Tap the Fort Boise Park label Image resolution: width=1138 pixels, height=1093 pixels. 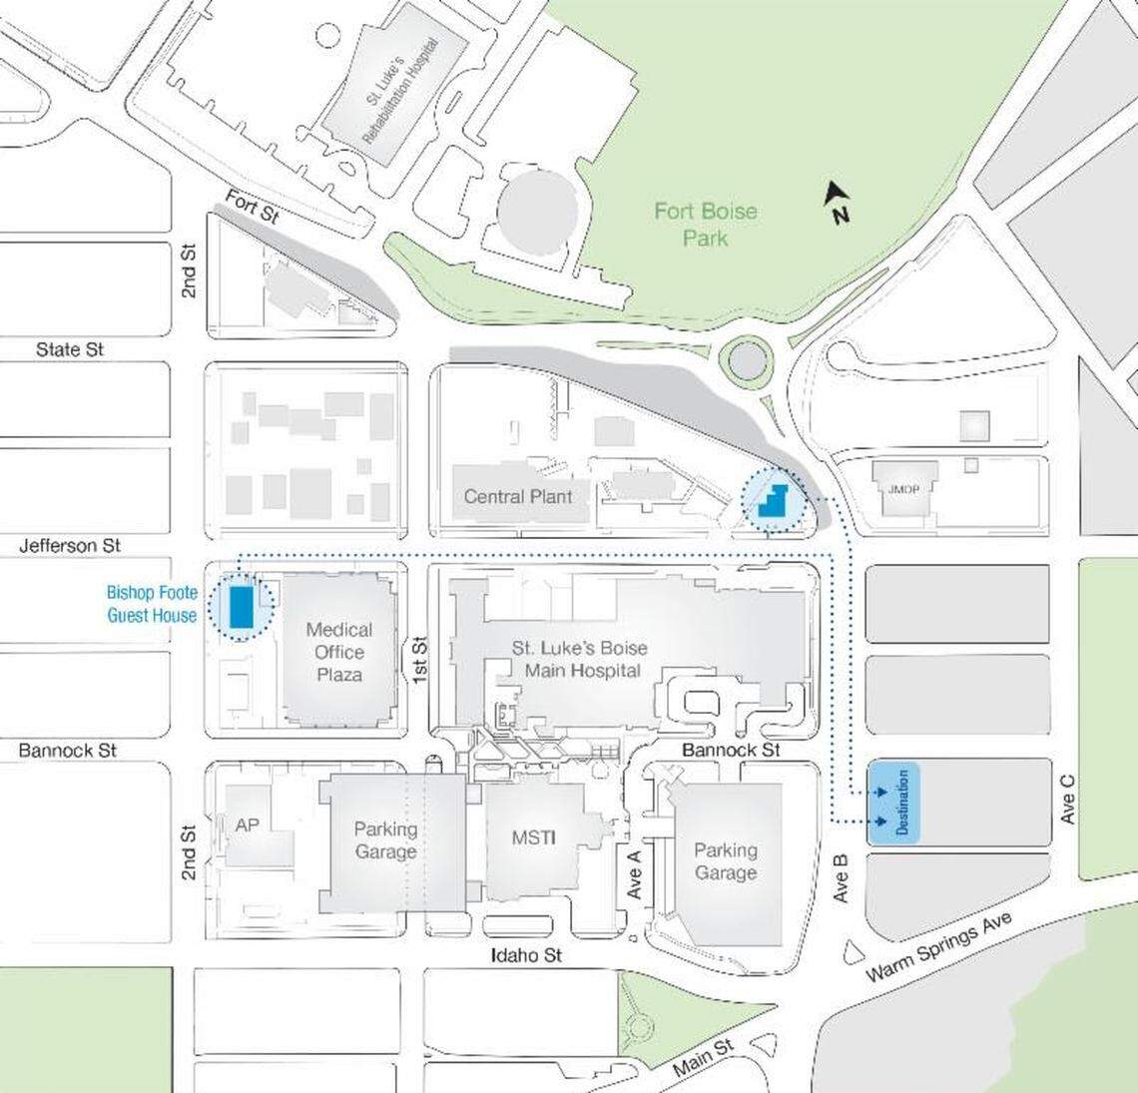click(x=705, y=225)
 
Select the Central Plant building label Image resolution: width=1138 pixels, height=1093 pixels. click(x=518, y=496)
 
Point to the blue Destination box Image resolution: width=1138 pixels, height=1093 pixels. click(x=893, y=803)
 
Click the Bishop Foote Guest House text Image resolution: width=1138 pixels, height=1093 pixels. click(x=152, y=604)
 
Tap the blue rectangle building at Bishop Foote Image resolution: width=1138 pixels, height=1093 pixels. click(x=241, y=607)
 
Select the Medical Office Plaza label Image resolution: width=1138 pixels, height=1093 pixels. click(x=339, y=652)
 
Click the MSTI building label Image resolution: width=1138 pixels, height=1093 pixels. click(x=533, y=837)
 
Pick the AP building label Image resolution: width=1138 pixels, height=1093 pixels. click(x=247, y=825)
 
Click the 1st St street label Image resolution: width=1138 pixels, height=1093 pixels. click(x=419, y=659)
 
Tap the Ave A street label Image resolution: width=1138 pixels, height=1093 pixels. click(x=633, y=872)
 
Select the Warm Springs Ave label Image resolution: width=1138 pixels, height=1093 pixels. click(x=938, y=945)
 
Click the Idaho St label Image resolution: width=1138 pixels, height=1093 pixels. click(x=526, y=955)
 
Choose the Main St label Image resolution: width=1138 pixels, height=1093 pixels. click(x=703, y=1057)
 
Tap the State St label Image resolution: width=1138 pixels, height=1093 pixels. click(x=70, y=349)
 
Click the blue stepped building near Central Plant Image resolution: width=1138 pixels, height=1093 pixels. click(x=773, y=497)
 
